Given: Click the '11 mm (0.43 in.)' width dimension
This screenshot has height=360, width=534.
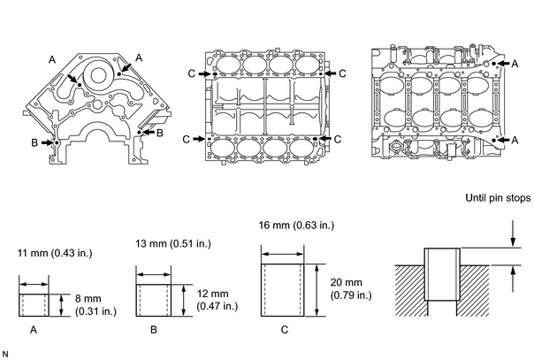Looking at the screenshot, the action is (x=55, y=253).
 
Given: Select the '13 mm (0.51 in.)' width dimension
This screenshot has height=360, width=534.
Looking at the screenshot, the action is (x=173, y=244).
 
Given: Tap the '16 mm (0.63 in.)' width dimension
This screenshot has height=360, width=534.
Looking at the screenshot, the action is (x=296, y=226).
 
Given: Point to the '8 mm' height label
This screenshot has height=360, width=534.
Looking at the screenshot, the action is (x=88, y=299).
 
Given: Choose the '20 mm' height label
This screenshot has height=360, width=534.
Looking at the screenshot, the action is (x=347, y=282).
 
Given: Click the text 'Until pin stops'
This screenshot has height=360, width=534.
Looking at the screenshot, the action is (x=498, y=198).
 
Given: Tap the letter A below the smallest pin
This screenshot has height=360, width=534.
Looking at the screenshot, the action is (x=34, y=330).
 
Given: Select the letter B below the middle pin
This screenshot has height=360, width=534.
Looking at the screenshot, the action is (x=154, y=330).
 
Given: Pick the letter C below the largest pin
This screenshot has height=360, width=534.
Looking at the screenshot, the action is (x=285, y=330).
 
